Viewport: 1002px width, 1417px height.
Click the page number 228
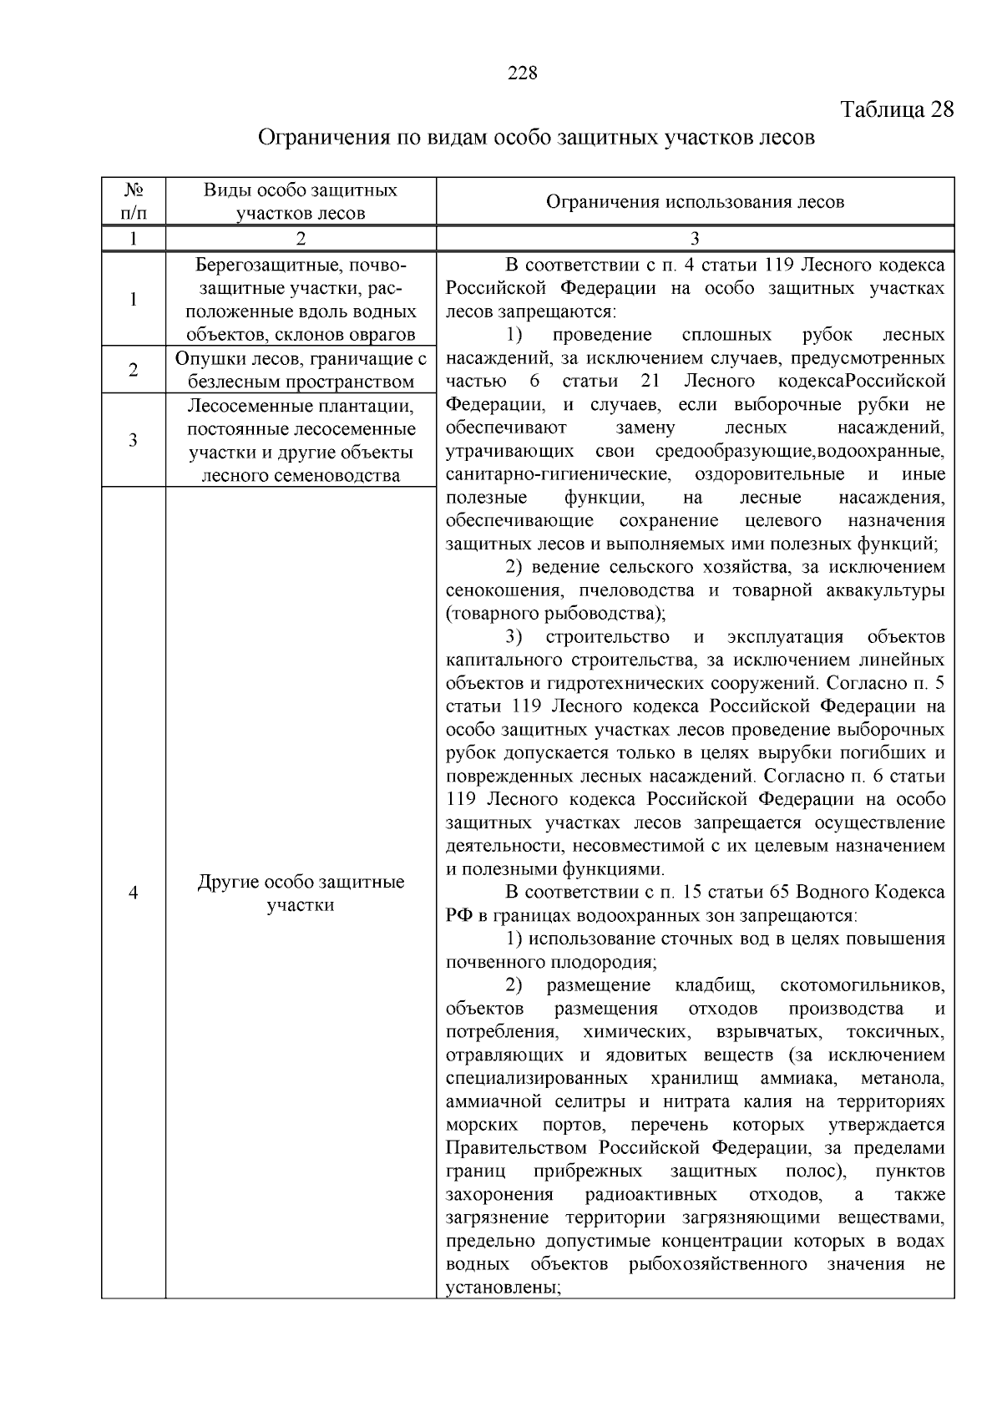522,73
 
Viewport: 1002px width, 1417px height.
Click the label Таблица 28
897,110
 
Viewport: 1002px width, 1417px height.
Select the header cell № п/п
134,201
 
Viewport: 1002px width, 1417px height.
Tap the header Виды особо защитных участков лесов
301,201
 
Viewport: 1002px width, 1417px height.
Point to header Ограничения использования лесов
695,201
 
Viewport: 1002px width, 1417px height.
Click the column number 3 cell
695,239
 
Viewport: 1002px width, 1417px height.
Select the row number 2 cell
134,370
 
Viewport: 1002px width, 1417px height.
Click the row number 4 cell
134,893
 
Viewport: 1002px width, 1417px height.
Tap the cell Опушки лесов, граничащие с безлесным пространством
301,370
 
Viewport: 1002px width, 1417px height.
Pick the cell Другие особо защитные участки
301,893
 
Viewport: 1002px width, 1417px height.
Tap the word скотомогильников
862,985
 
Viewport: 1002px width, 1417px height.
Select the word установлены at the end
502,1287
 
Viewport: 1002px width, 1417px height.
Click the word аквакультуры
884,591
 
